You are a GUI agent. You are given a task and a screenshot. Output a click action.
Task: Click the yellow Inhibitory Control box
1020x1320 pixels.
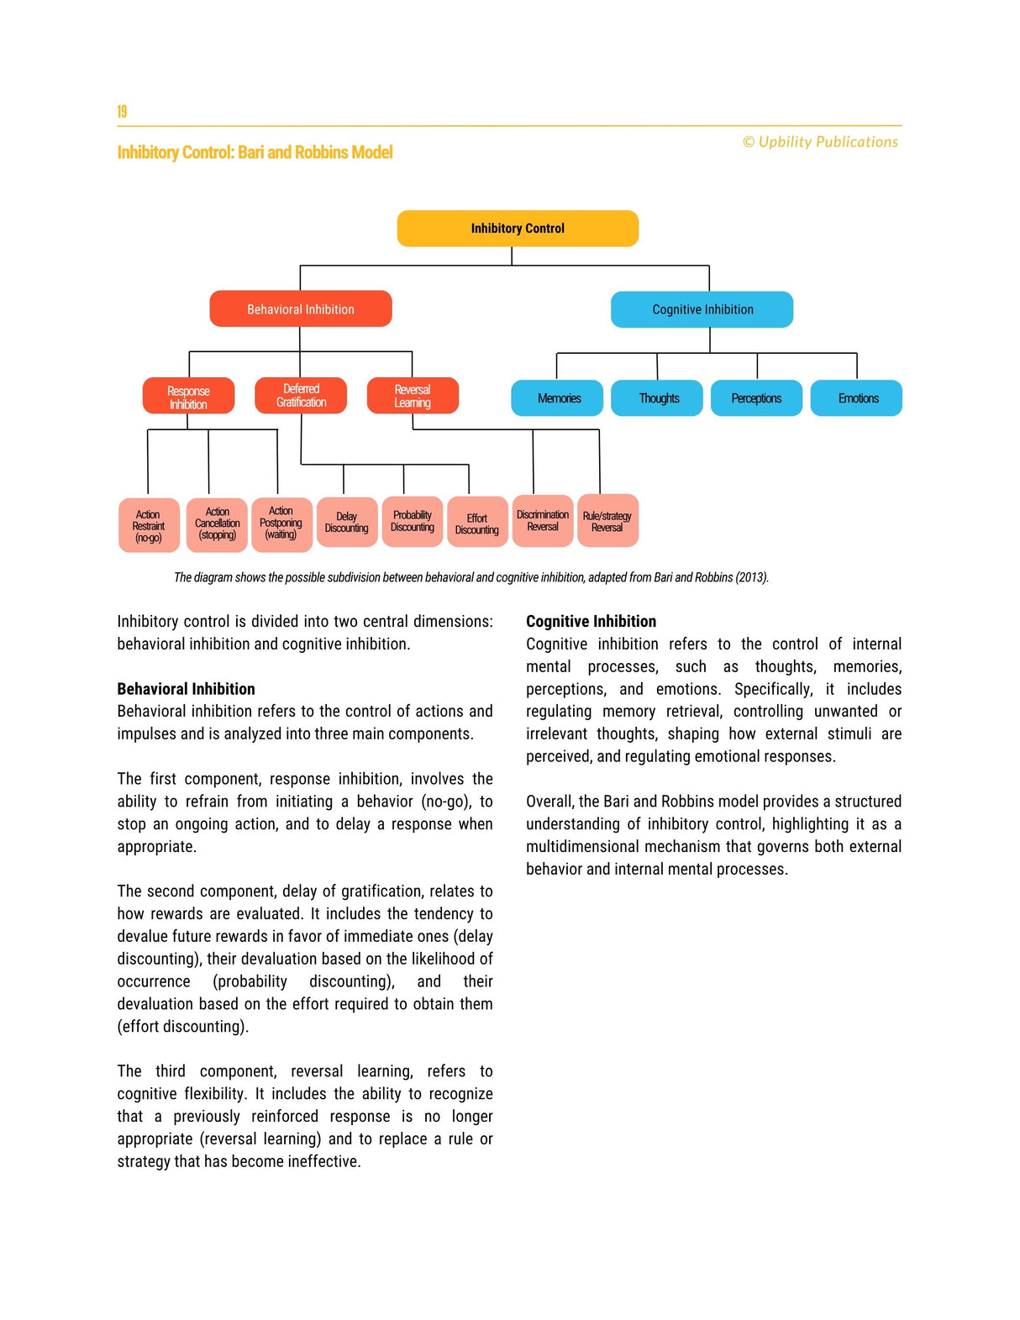[518, 229]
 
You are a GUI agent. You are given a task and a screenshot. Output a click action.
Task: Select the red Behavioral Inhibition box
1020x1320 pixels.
[301, 309]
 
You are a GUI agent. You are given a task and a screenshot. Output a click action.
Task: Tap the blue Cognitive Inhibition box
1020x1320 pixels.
[702, 309]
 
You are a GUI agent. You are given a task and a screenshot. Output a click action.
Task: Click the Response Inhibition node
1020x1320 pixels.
[188, 397]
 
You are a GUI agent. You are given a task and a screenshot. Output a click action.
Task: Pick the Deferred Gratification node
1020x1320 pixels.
[301, 395]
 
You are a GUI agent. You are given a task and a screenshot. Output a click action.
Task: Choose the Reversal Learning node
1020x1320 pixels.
[413, 396]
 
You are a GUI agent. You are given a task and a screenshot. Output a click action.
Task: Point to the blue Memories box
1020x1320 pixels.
[558, 398]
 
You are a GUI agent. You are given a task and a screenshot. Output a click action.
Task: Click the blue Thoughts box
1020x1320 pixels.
[658, 398]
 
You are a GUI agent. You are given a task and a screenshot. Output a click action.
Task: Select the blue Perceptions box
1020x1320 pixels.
[756, 398]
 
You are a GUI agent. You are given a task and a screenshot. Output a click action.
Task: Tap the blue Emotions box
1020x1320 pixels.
[857, 398]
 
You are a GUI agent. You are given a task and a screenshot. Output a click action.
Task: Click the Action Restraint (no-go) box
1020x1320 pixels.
[149, 526]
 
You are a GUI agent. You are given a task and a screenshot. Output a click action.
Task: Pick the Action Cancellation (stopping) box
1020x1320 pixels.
[217, 524]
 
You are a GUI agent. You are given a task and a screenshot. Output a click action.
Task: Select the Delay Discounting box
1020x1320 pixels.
[347, 523]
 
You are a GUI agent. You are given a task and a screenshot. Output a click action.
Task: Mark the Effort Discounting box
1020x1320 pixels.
[477, 523]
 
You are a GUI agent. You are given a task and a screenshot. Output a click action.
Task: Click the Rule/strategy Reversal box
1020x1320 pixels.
[607, 522]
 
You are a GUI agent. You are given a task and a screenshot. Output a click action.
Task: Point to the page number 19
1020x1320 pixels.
[122, 112]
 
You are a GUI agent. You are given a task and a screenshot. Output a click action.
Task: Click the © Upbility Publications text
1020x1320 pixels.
[820, 142]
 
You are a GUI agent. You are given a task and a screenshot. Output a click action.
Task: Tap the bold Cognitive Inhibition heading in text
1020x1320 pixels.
[591, 622]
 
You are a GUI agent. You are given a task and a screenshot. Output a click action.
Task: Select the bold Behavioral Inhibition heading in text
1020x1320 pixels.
[186, 689]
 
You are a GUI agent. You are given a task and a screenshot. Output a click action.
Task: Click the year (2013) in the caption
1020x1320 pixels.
[752, 577]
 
